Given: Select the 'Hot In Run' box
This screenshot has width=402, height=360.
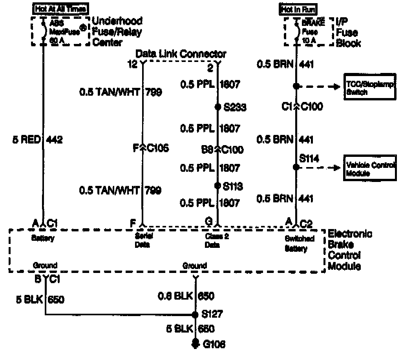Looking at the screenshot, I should [298, 9].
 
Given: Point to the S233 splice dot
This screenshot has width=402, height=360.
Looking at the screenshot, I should [218, 107].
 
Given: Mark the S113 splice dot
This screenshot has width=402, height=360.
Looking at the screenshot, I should [218, 186].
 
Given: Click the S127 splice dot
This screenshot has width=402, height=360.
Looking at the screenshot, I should [195, 315].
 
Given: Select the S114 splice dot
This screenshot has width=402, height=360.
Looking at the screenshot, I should [296, 167].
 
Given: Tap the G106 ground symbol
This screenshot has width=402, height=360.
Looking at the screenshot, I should [195, 344].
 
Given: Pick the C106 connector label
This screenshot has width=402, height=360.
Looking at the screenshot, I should [157, 149].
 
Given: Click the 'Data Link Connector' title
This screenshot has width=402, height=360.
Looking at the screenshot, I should [181, 54].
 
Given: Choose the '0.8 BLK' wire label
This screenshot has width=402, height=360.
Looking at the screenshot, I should [175, 296].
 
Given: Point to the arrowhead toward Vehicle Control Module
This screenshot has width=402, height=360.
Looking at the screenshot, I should [337, 168].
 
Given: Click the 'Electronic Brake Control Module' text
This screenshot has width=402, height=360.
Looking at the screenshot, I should [350, 250].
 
